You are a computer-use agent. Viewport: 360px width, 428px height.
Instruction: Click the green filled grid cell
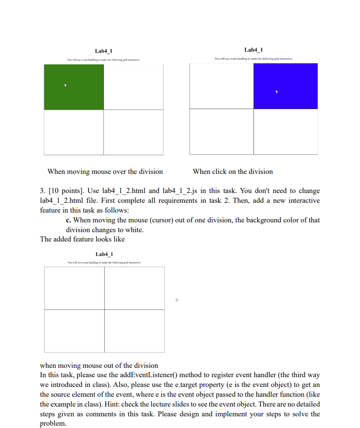point(74,87)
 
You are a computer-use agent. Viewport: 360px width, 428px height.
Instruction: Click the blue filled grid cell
point(285,86)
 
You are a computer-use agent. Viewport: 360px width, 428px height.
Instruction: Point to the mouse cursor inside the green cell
point(66,85)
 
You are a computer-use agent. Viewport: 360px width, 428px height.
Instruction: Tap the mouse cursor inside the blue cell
point(277,92)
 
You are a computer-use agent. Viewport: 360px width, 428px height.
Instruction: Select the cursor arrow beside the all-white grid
point(177,300)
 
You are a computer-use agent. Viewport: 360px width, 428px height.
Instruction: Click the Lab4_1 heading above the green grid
point(103,51)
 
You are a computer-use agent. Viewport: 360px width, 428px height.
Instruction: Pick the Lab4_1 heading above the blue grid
point(253,50)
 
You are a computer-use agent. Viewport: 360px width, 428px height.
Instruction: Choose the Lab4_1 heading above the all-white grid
point(104,254)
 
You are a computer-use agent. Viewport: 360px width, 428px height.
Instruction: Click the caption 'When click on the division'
point(232,172)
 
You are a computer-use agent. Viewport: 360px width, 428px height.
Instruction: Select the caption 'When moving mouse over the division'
point(105,172)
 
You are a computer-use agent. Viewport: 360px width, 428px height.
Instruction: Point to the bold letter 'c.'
point(69,220)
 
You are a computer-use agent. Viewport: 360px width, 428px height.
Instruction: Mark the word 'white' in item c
point(134,230)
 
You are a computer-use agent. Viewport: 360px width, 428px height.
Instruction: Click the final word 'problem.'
point(53,423)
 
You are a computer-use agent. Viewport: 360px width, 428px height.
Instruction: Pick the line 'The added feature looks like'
point(82,239)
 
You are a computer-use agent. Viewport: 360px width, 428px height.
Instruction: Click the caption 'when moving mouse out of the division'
point(99,366)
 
